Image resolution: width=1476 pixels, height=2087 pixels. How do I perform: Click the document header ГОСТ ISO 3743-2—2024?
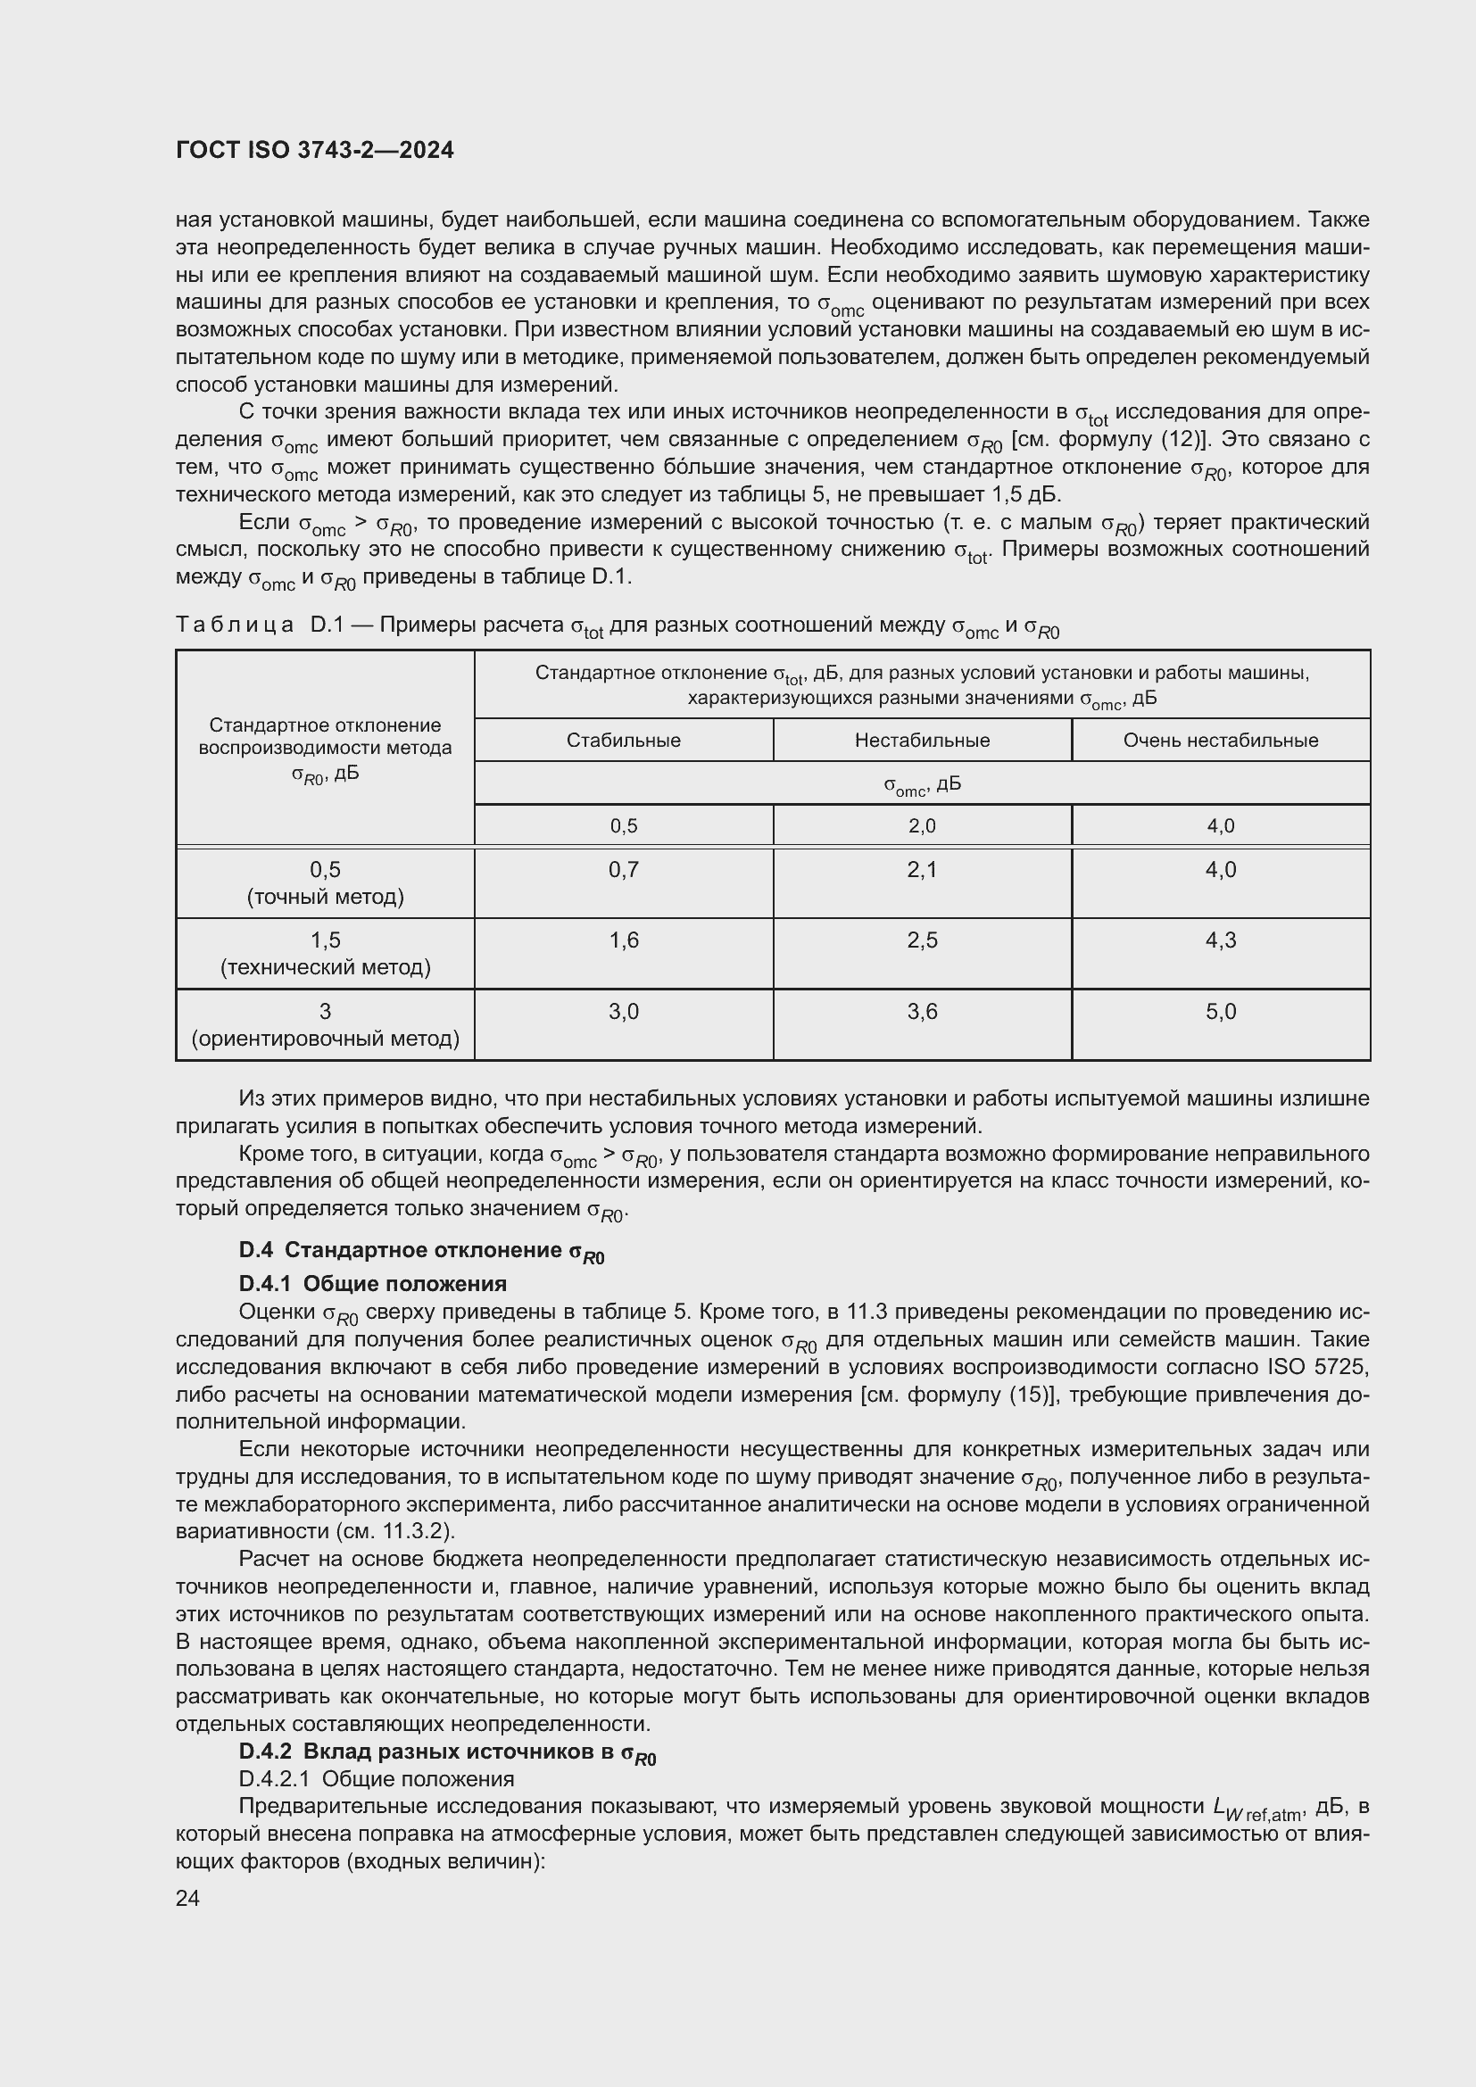pyautogui.click(x=314, y=151)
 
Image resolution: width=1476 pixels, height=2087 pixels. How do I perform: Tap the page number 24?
pyautogui.click(x=187, y=1897)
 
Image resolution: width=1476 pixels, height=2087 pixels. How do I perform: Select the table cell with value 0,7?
pyautogui.click(x=624, y=870)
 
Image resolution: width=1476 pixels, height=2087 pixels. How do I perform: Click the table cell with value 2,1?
pyautogui.click(x=922, y=870)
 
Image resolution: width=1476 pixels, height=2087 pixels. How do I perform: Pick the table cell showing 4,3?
pyautogui.click(x=1220, y=940)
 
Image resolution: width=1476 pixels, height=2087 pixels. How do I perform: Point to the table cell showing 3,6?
pyautogui.click(x=922, y=1011)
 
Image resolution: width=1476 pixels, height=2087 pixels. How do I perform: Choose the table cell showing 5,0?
pyautogui.click(x=1220, y=1011)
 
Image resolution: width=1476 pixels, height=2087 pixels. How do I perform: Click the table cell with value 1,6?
pyautogui.click(x=624, y=940)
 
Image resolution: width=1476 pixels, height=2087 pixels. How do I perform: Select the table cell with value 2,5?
pyautogui.click(x=922, y=940)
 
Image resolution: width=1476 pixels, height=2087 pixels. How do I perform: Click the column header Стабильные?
pyautogui.click(x=624, y=740)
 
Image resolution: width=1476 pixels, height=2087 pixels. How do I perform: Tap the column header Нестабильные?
pyautogui.click(x=922, y=740)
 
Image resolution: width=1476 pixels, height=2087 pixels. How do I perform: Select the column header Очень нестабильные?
pyautogui.click(x=1220, y=740)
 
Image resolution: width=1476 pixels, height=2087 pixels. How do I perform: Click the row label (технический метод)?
pyautogui.click(x=326, y=967)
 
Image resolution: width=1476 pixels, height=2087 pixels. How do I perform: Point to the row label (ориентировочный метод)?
pyautogui.click(x=326, y=1038)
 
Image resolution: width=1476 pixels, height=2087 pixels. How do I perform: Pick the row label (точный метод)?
pyautogui.click(x=326, y=897)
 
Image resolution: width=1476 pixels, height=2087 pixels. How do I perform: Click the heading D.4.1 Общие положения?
pyautogui.click(x=373, y=1283)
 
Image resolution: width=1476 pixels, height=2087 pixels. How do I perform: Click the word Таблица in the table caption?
pyautogui.click(x=235, y=625)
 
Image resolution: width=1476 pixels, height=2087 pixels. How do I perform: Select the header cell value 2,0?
pyautogui.click(x=922, y=825)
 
